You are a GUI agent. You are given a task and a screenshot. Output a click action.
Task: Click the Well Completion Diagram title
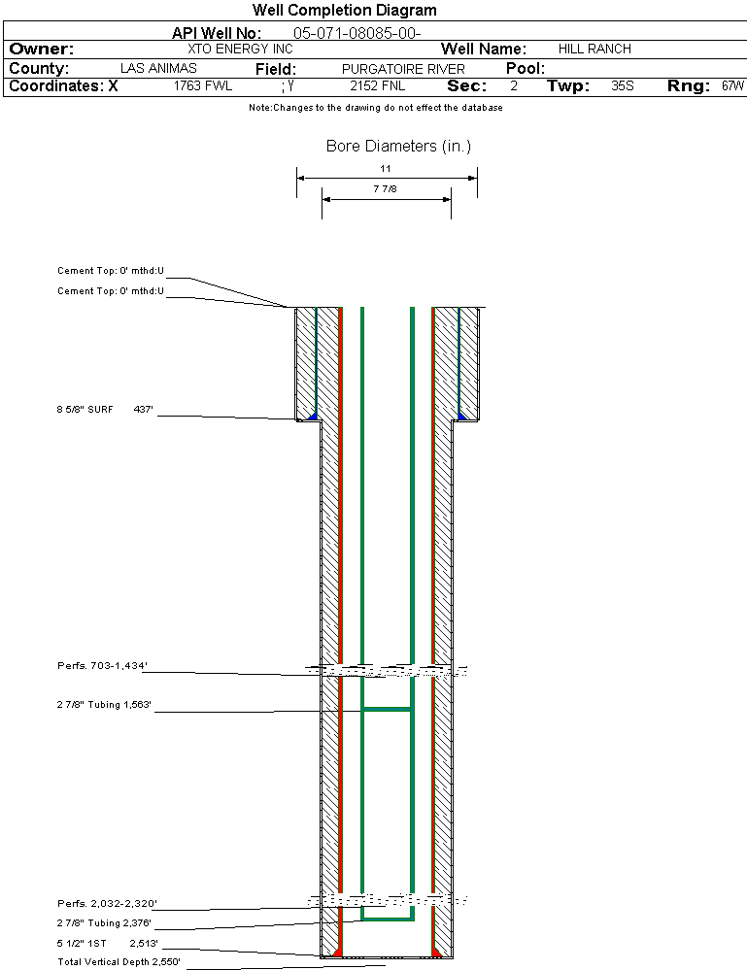(x=344, y=10)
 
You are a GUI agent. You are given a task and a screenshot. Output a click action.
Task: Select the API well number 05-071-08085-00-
(x=357, y=33)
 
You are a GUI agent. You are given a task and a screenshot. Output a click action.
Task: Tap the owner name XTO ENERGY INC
(x=240, y=49)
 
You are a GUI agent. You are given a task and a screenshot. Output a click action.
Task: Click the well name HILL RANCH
(x=594, y=49)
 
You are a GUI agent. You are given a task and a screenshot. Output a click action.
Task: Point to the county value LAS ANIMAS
(x=158, y=68)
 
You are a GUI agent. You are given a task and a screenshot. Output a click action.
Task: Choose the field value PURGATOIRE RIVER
(x=403, y=69)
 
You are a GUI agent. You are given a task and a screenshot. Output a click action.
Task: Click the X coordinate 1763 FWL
(x=202, y=86)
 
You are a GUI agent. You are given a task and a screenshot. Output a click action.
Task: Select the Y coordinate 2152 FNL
(x=378, y=86)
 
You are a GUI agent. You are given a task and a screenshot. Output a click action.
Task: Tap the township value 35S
(x=622, y=86)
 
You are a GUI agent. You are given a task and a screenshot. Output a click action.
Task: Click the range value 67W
(x=732, y=86)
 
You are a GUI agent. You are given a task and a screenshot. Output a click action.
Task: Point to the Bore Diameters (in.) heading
(x=398, y=146)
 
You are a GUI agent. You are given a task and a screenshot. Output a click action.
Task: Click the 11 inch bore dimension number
(x=386, y=168)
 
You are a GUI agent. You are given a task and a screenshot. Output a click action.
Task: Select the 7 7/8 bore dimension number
(x=385, y=188)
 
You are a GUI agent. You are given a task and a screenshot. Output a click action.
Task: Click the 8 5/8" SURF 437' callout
(x=105, y=410)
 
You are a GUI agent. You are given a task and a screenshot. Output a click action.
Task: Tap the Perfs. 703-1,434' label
(x=102, y=666)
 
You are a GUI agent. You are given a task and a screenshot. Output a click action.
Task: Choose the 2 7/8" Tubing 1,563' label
(x=104, y=705)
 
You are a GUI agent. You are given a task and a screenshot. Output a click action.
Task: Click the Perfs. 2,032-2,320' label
(x=107, y=904)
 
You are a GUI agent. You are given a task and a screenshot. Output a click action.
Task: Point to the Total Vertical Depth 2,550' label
(x=119, y=962)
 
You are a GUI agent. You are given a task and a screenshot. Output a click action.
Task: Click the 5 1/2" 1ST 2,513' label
(x=108, y=944)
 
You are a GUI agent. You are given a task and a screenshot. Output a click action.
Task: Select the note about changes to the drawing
(x=376, y=108)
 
